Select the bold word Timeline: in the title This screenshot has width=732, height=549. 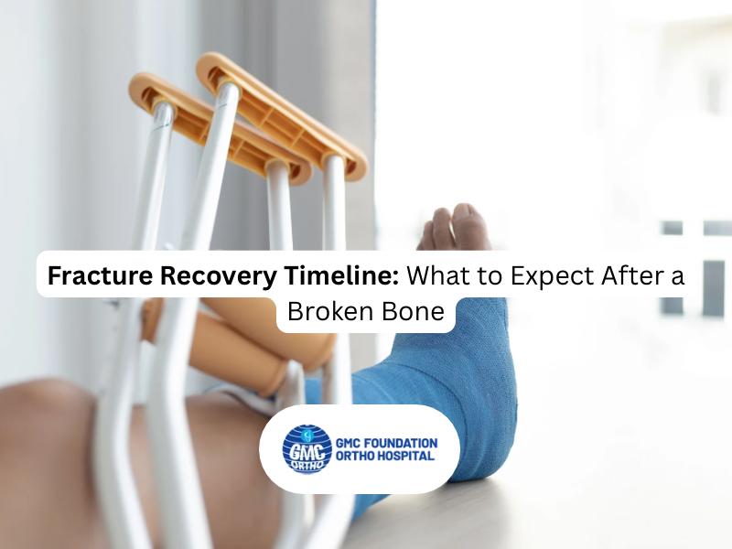(x=341, y=275)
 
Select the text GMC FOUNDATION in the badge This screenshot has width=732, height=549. (x=386, y=443)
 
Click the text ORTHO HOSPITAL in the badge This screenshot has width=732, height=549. (x=385, y=456)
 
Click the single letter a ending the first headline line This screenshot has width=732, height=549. (x=676, y=277)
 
